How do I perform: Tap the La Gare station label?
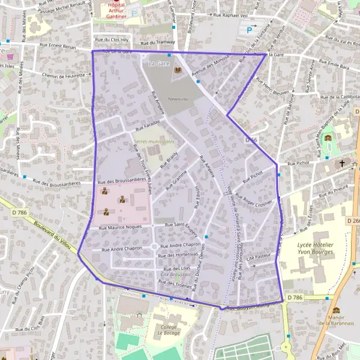160,63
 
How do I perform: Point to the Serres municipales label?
154,142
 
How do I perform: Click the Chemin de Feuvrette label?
62,75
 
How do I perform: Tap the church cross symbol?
343,163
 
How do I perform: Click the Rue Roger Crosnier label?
254,199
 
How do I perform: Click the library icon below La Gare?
177,71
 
